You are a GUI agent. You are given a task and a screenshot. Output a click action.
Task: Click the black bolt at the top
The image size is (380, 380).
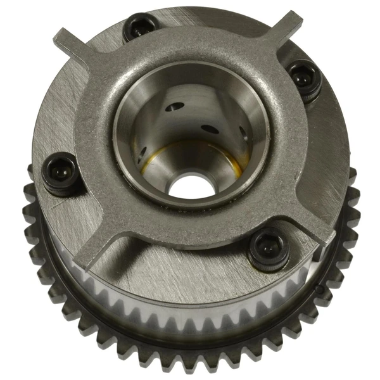tap(137, 27)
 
